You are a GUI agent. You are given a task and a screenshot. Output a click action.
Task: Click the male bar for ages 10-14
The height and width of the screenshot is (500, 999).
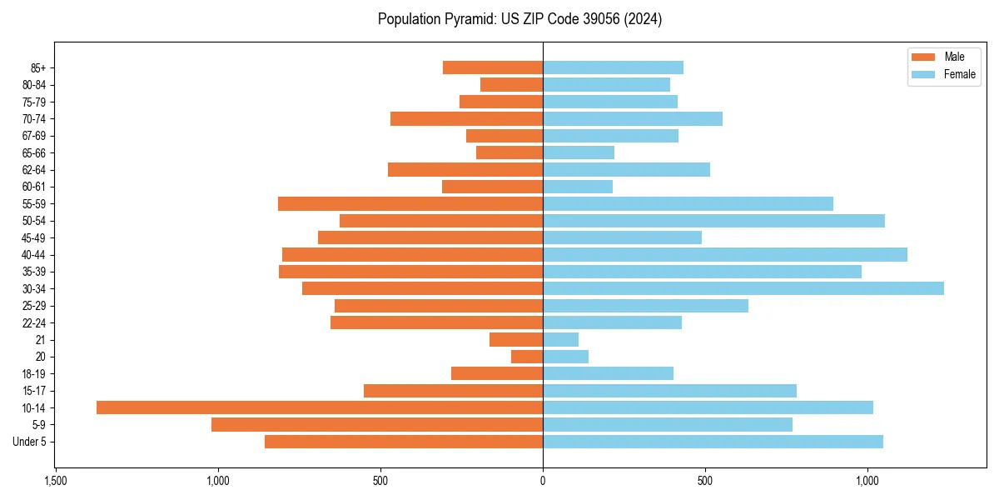(320, 407)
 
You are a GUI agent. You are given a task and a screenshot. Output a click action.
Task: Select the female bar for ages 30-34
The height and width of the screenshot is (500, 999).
(743, 288)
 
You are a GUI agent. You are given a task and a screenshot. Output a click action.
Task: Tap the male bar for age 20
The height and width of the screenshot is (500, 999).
(527, 357)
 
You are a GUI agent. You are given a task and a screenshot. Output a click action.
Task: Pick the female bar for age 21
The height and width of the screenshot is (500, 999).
(560, 339)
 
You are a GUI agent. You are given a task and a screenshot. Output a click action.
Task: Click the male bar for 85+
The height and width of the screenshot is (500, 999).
(493, 67)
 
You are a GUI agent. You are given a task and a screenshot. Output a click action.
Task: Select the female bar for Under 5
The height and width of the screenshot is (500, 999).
(713, 442)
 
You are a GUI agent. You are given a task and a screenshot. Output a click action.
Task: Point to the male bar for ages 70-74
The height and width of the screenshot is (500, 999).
(466, 118)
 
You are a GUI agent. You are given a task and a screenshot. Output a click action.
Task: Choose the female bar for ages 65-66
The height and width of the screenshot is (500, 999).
(579, 152)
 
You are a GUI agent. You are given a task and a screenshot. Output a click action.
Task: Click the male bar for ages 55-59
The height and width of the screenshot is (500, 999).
(410, 203)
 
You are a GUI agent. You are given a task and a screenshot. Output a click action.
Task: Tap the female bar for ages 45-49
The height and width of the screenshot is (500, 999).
(622, 237)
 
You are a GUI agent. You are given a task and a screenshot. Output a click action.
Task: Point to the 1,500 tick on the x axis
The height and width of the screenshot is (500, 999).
(55, 481)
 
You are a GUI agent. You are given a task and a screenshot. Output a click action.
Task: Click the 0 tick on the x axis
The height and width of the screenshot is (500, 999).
(543, 481)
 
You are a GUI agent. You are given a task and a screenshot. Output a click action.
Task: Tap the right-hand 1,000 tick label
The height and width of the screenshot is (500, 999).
(867, 481)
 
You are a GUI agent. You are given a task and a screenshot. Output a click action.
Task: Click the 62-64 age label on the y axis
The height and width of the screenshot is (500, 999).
(33, 170)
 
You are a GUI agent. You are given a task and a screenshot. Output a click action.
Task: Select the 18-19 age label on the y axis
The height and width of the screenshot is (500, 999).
(33, 373)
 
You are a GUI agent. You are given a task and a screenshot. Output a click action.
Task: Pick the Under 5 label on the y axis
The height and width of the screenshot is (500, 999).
(30, 442)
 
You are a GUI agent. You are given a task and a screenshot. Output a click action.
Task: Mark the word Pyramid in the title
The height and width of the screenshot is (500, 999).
(466, 19)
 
